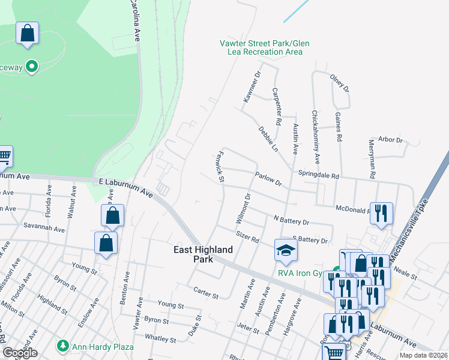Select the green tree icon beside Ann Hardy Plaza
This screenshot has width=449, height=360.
62,346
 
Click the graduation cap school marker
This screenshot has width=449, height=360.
286,250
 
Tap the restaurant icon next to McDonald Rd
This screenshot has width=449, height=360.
381,214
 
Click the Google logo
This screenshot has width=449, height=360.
20,353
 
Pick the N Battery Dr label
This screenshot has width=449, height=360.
291,221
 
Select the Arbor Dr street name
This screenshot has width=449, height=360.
390,140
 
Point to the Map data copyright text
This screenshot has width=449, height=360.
423,355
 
